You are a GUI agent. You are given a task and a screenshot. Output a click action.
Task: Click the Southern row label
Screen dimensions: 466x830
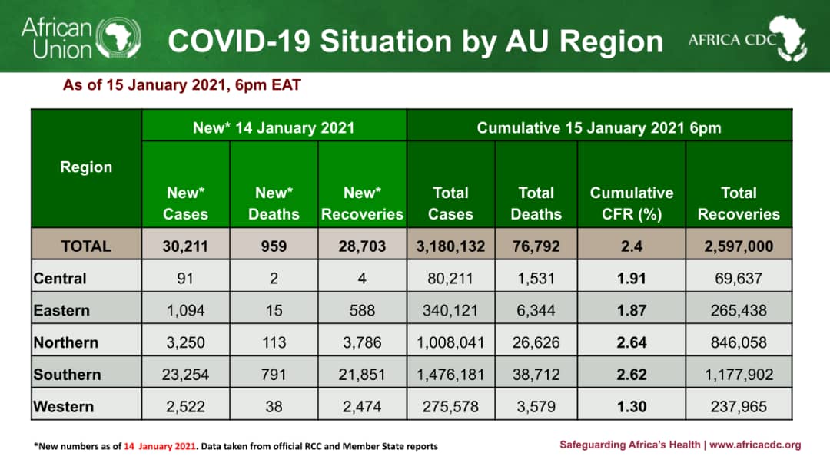coord(67,375)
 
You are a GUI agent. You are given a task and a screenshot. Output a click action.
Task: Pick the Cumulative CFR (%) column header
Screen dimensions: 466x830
coord(631,203)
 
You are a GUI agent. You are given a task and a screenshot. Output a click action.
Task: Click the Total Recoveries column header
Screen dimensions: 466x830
coord(738,203)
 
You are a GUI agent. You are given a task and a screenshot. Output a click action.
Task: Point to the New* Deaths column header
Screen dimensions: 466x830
coord(274,203)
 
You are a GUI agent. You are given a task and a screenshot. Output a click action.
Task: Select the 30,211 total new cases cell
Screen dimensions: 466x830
coord(185,246)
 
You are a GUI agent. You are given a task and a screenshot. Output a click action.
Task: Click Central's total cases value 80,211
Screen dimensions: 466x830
coord(450,279)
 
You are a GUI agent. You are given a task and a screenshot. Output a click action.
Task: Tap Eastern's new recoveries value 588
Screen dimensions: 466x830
coord(361,311)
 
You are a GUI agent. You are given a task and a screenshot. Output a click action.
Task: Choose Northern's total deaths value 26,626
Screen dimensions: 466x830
coord(536,342)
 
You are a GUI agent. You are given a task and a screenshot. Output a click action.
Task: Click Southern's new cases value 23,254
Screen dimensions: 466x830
coord(185,375)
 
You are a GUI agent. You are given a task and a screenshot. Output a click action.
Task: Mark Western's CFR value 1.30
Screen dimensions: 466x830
coord(631,407)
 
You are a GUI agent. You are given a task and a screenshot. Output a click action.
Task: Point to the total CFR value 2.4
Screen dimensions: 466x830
coord(631,246)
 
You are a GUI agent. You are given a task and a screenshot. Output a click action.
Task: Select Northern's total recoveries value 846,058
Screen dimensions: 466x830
coord(739,342)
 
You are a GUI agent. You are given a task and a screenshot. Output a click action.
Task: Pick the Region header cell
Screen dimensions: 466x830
coord(86,167)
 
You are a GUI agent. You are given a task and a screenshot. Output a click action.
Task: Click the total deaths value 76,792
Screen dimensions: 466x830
coord(536,246)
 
